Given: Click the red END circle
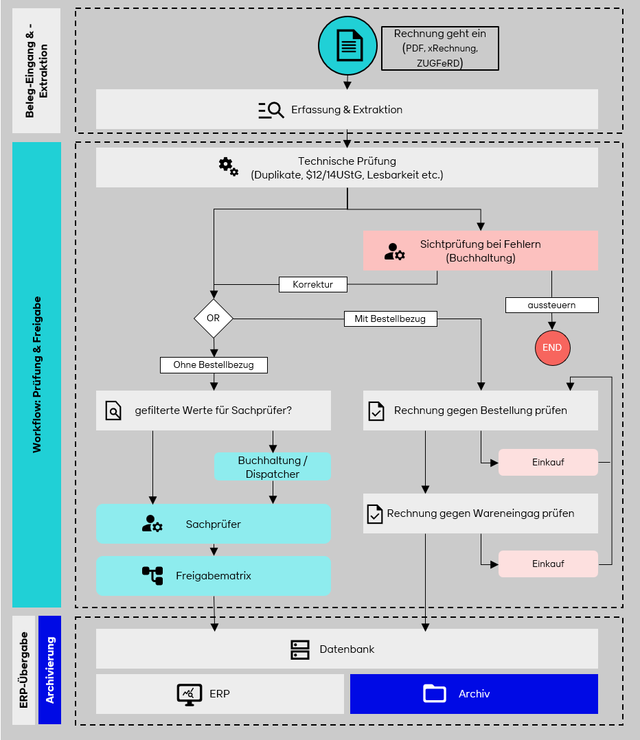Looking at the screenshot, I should [x=552, y=347].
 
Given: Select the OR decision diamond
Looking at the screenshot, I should [x=213, y=319].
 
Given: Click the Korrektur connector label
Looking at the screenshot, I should [x=312, y=284].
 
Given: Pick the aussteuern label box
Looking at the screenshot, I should [x=552, y=305].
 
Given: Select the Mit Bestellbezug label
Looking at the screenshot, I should [x=389, y=319].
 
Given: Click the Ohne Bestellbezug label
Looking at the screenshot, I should [x=214, y=365].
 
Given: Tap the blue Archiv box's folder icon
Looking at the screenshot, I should [x=435, y=693].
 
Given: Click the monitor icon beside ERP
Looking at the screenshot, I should [x=189, y=694].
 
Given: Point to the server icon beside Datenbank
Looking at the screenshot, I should [x=300, y=649].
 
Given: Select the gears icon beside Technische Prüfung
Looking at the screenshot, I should [x=228, y=166].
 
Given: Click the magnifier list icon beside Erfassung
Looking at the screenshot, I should [x=271, y=110].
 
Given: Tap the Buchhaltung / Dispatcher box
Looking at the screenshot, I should [x=273, y=467].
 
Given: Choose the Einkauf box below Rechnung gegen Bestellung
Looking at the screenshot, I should [x=548, y=462].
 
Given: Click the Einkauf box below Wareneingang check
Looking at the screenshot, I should [x=548, y=564].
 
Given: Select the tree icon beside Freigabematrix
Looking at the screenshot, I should [x=152, y=575].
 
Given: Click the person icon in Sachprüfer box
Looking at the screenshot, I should [x=152, y=524].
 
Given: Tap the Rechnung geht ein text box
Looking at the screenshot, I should [x=439, y=48].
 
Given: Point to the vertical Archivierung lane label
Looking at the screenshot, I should [x=50, y=669].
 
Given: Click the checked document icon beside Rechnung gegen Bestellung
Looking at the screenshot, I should [x=376, y=411].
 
